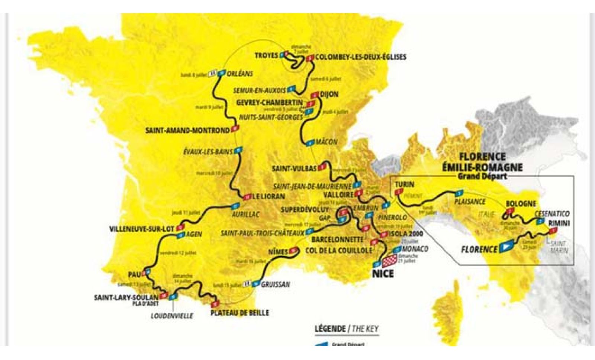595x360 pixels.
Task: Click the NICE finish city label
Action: pyautogui.click(x=383, y=274)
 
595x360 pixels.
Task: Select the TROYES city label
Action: pyautogui.click(x=266, y=56)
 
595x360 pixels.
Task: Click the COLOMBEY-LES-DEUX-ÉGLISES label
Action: pyautogui.click(x=360, y=57)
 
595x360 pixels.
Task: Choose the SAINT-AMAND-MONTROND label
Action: pyautogui.click(x=187, y=131)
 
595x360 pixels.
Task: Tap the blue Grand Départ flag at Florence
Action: pyautogui.click(x=507, y=246)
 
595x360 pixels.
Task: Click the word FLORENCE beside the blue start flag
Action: pyautogui.click(x=479, y=249)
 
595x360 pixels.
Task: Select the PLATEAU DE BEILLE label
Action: pyautogui.click(x=239, y=313)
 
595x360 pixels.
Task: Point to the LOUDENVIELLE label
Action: pyautogui.click(x=172, y=316)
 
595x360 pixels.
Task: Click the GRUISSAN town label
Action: pyautogui.click(x=276, y=285)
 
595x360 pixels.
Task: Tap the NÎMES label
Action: pyautogui.click(x=278, y=252)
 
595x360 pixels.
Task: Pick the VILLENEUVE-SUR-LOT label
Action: pyautogui.click(x=142, y=229)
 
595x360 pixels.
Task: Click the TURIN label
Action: pyautogui.click(x=404, y=184)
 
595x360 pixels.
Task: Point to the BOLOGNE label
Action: pyautogui.click(x=521, y=204)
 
